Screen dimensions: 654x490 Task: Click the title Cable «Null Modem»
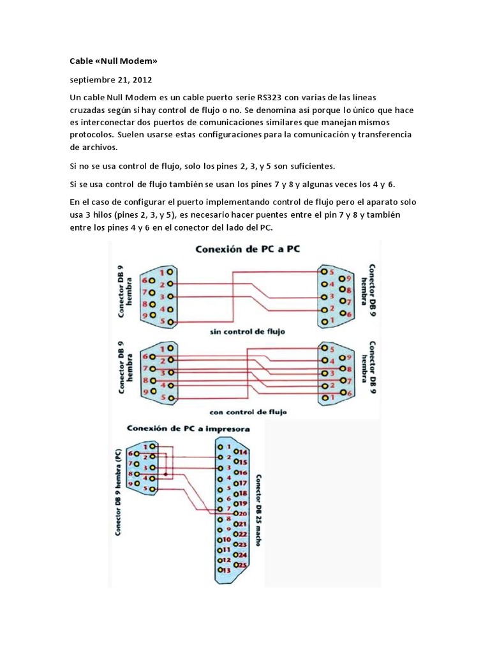tap(113, 61)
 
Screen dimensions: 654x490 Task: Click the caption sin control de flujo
tap(248, 332)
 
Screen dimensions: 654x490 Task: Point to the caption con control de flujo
tap(248, 412)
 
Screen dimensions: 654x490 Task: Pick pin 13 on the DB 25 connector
tap(223, 570)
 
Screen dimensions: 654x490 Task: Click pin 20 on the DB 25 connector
tap(240, 513)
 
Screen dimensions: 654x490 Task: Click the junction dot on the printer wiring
tap(166, 475)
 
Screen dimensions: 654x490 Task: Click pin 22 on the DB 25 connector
tap(241, 534)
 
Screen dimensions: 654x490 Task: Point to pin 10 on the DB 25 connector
tap(223, 539)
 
